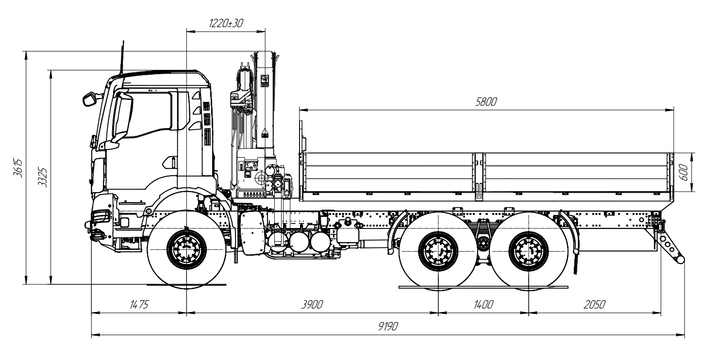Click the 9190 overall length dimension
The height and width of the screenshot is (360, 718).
tap(388, 327)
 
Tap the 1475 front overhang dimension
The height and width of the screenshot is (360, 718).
tap(139, 305)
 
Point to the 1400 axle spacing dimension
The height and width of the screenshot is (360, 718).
tap(483, 305)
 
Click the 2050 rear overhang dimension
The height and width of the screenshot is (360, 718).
tap(594, 305)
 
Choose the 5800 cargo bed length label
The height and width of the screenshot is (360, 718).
tap(487, 102)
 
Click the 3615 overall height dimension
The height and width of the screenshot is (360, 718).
tap(17, 168)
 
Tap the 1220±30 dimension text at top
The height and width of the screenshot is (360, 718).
tap(226, 23)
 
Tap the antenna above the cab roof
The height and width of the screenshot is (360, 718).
tap(121, 58)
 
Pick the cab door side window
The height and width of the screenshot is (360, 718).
tap(146, 114)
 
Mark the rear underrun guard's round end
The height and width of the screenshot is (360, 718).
tap(681, 260)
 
